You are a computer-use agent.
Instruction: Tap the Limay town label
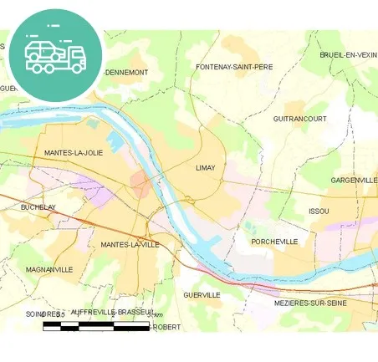click(x=205, y=168)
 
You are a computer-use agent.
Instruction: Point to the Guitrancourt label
click(x=299, y=119)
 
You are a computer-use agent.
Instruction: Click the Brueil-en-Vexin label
click(x=348, y=54)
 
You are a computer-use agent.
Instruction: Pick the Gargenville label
click(x=353, y=180)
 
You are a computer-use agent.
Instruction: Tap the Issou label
click(x=319, y=211)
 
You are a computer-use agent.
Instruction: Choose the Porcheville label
click(x=274, y=242)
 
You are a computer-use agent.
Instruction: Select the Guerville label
click(x=202, y=295)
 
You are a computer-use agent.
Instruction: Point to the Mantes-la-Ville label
click(x=130, y=244)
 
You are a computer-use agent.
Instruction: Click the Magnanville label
click(x=49, y=269)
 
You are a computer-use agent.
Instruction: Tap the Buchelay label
click(x=38, y=206)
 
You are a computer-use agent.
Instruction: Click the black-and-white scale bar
click(x=95, y=324)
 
